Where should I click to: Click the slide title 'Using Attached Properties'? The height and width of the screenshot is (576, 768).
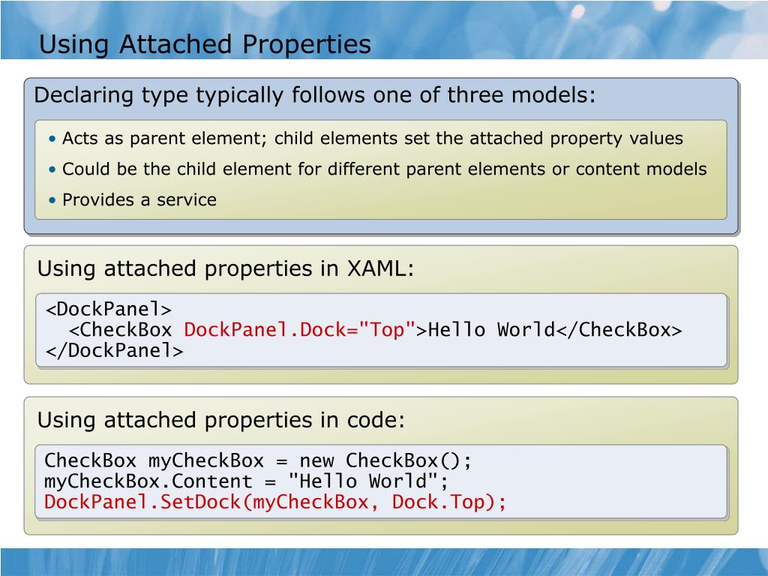click(x=205, y=45)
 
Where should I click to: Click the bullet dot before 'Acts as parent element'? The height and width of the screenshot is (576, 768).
click(x=52, y=139)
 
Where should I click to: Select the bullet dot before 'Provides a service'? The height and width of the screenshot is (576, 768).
click(x=52, y=200)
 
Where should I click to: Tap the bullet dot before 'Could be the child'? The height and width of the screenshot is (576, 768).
click(x=52, y=170)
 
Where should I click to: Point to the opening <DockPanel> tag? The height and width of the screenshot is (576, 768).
click(x=109, y=310)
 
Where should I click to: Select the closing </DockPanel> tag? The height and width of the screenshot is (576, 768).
click(x=114, y=350)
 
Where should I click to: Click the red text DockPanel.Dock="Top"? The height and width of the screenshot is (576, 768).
click(x=300, y=330)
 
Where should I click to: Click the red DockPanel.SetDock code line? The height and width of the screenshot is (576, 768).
click(x=276, y=502)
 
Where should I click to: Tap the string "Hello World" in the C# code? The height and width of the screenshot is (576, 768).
click(x=369, y=481)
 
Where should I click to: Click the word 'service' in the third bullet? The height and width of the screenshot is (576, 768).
click(x=190, y=200)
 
